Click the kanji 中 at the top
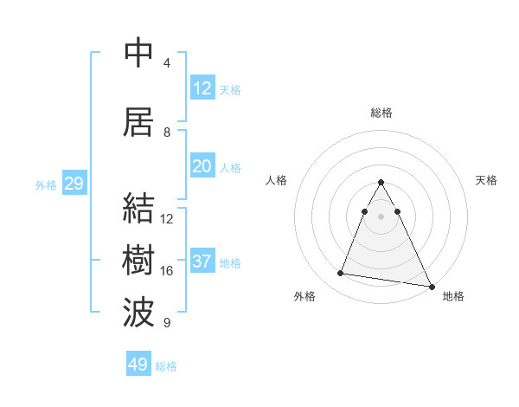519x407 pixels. [x=138, y=53]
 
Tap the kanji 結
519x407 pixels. [x=138, y=209]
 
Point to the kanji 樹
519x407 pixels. [x=138, y=261]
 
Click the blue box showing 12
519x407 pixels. [x=202, y=88]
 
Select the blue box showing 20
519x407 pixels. [x=202, y=166]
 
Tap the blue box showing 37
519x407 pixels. [x=202, y=262]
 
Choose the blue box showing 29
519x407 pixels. [x=74, y=184]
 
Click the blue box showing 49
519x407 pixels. [x=138, y=365]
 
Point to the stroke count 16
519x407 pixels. [x=167, y=271]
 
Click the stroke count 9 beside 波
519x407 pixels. [x=167, y=323]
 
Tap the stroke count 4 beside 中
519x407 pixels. [x=167, y=63]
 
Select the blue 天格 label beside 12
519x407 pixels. [x=230, y=90]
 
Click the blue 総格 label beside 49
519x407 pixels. [x=166, y=366]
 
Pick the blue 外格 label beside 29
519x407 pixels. [x=46, y=185]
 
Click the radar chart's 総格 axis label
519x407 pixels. [x=381, y=113]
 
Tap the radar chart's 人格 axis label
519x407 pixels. [x=277, y=180]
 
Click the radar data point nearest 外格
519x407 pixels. [x=341, y=274]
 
